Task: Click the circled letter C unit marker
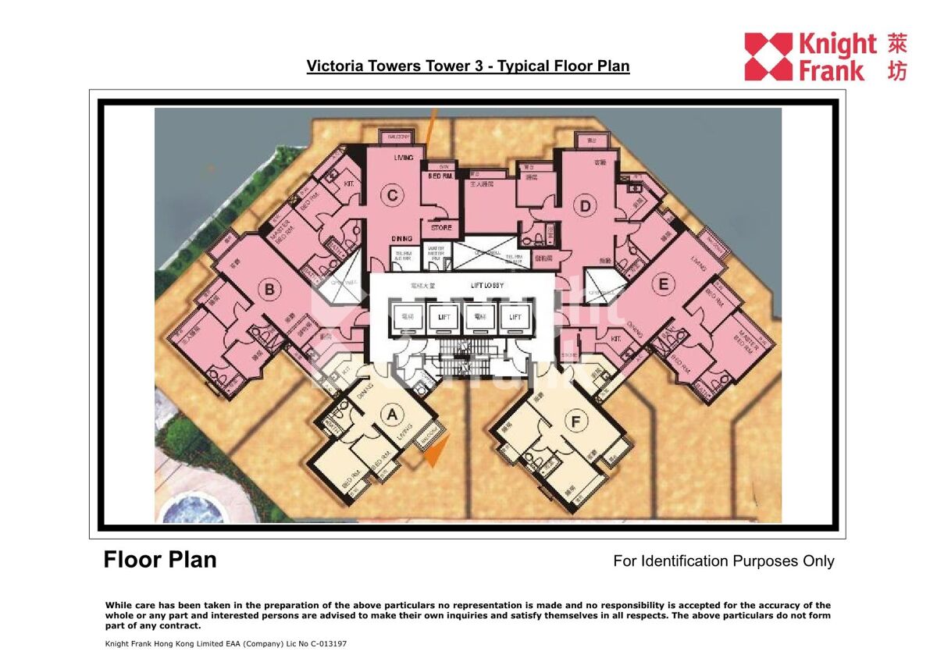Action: coord(392,195)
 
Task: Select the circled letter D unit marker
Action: coord(583,206)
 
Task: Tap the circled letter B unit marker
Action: coord(269,290)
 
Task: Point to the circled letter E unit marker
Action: coord(663,284)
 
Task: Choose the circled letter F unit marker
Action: coord(576,422)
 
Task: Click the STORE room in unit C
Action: coord(441,228)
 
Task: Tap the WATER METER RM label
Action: coord(435,254)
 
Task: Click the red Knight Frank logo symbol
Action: coord(768,56)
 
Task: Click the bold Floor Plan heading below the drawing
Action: coord(160,560)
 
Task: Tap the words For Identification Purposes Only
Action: coord(723,561)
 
